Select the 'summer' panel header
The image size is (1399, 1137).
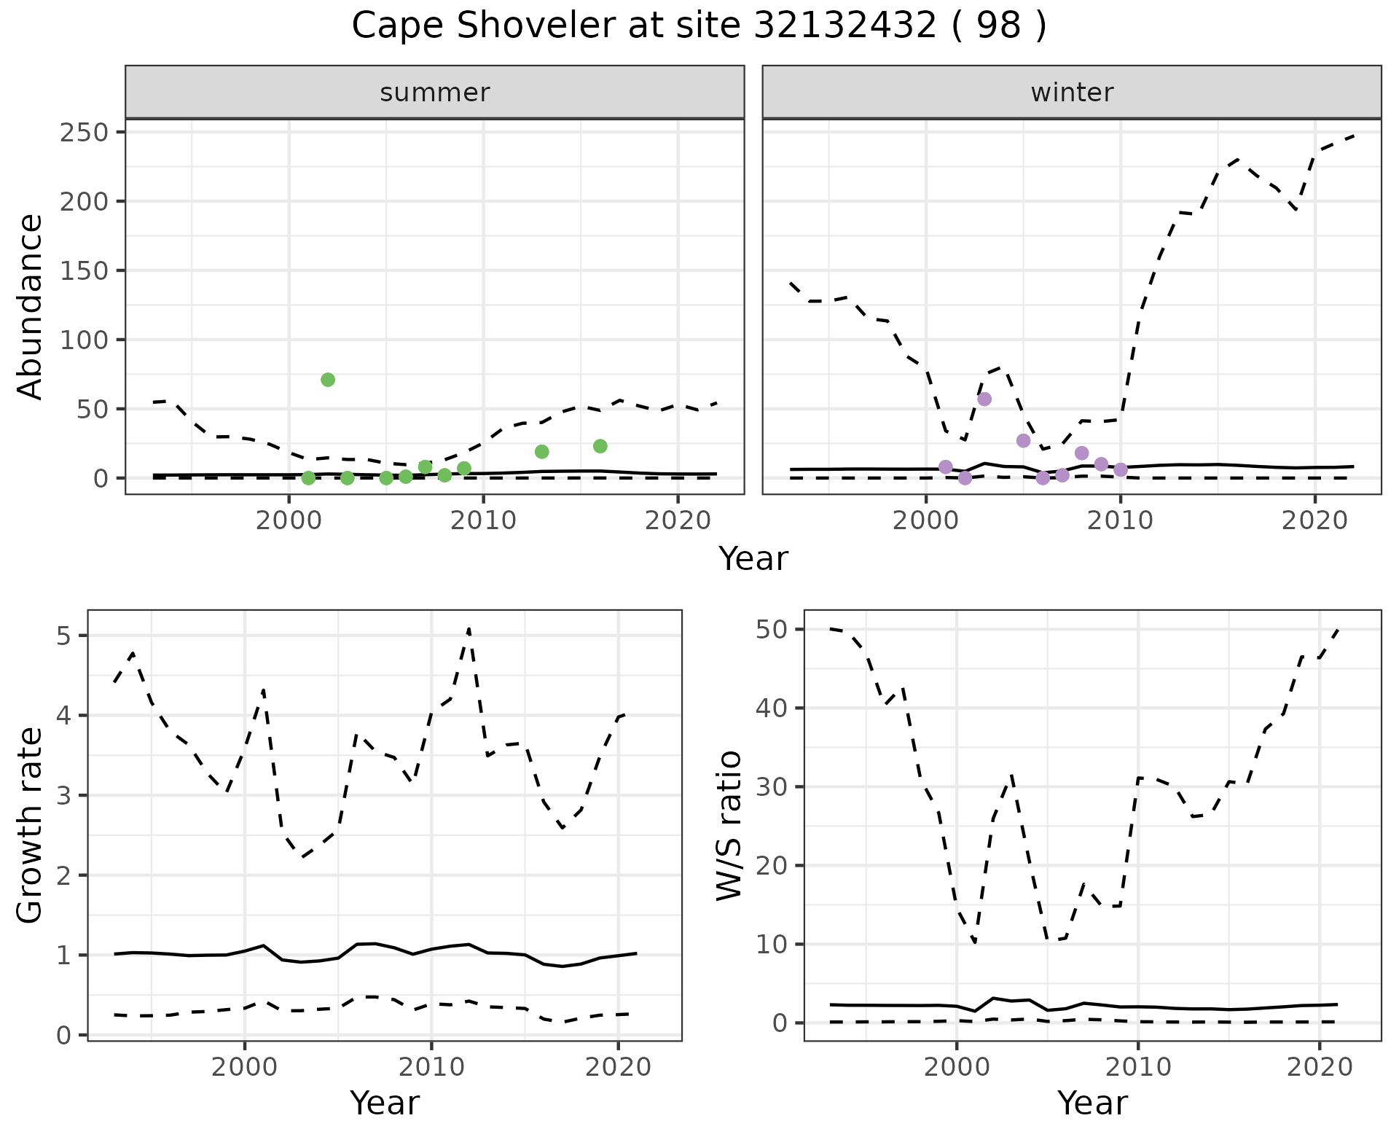tap(435, 93)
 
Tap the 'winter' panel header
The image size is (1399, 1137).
tap(1072, 93)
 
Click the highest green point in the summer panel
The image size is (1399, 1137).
tap(328, 380)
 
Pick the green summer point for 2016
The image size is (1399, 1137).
tap(600, 446)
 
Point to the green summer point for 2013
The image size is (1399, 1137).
tap(541, 452)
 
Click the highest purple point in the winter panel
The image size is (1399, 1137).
tap(984, 399)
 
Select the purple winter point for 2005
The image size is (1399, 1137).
tap(1024, 440)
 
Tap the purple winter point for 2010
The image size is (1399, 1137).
tap(1121, 469)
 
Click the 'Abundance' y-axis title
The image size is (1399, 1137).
tap(31, 306)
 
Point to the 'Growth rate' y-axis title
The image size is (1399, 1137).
tap(31, 825)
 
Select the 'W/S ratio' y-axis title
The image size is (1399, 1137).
tap(729, 825)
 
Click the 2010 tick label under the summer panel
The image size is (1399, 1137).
tap(484, 520)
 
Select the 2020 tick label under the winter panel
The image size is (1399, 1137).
tap(1314, 520)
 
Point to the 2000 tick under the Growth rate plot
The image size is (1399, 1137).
tap(245, 1067)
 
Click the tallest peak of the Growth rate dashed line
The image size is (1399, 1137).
tap(469, 628)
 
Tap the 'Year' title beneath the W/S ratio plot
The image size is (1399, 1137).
tap(1092, 1103)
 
